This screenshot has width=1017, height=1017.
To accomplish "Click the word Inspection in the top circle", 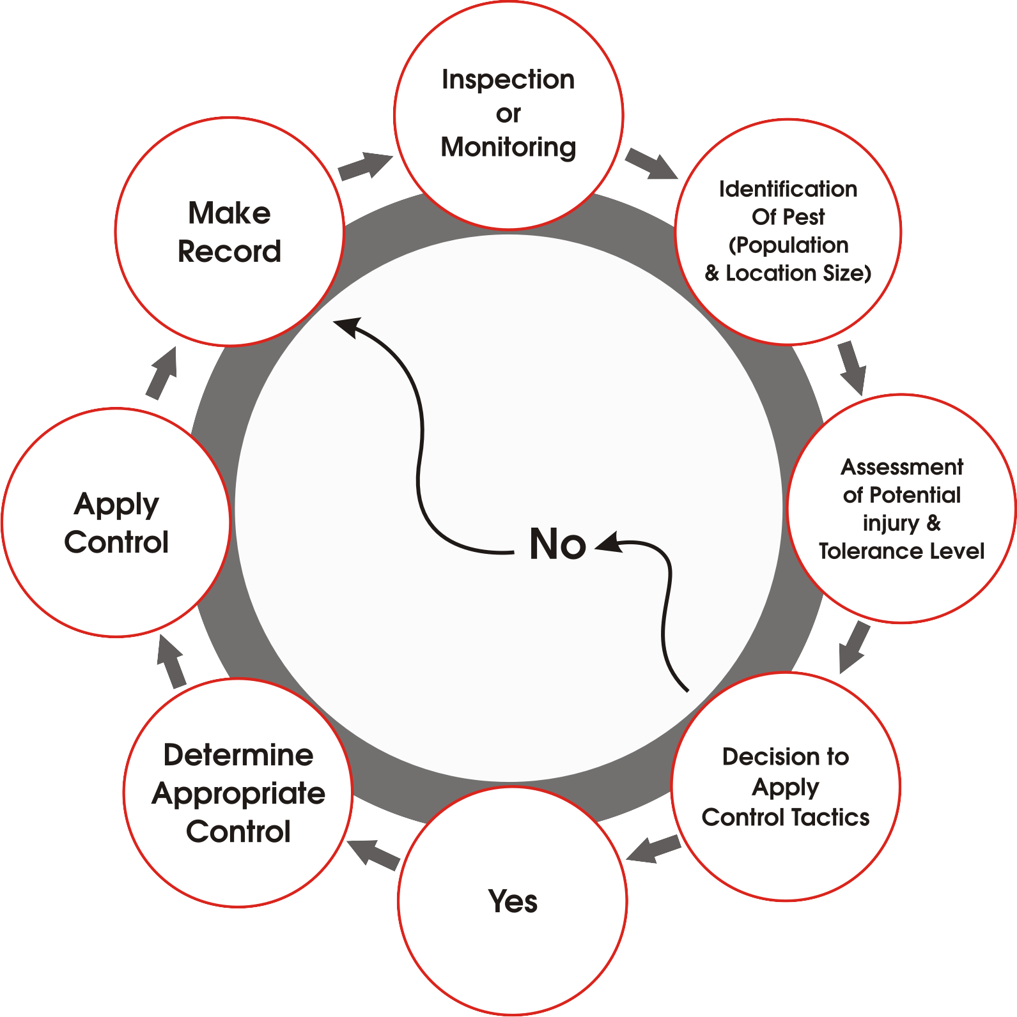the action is coord(508,80).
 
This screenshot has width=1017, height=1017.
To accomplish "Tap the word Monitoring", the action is coord(508,148).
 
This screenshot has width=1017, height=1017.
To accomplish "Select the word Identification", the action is coord(788,189).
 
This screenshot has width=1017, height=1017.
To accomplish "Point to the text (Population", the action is coord(789,245).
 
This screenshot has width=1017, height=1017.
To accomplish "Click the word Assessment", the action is coord(902,467).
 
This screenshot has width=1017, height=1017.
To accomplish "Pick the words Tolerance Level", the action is coord(902,551).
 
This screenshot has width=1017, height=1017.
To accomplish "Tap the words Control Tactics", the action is coord(786,817).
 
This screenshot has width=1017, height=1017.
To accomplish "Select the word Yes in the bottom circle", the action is coord(513,901).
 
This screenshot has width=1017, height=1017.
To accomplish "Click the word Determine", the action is coord(238,755).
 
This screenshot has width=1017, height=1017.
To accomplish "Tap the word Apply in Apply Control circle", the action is coord(116,505).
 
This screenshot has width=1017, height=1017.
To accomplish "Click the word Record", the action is coord(229,252).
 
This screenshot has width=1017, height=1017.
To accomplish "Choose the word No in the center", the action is coord(557,544).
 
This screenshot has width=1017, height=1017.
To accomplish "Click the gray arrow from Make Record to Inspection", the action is coord(365,166).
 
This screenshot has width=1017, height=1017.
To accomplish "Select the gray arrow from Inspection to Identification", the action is coord(651,164).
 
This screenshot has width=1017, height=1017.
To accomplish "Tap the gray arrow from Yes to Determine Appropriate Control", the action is coord(373,853).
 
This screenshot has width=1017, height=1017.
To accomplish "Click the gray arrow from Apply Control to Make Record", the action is coord(162,373).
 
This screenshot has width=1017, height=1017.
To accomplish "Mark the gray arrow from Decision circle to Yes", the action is coord(653,849).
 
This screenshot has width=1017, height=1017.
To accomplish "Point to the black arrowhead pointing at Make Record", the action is coord(348,326).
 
